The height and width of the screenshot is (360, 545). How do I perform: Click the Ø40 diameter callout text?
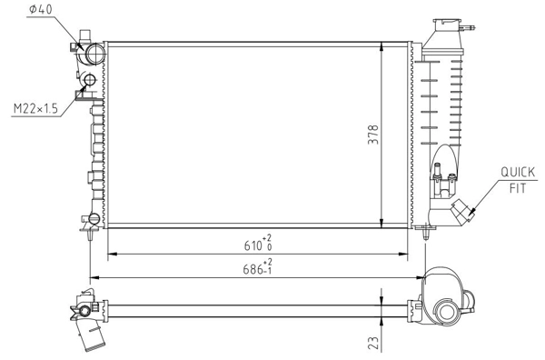41,9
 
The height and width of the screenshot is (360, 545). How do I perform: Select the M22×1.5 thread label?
35,109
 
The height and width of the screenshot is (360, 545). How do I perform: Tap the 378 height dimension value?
373,135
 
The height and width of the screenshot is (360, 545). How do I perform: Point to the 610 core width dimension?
253,245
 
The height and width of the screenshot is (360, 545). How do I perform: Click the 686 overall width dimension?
253,269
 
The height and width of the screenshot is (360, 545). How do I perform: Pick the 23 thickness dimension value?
373,343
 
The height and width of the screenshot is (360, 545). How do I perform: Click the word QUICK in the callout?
518,172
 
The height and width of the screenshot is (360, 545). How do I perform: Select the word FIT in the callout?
518,188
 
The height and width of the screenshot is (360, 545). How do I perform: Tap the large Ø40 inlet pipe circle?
94,54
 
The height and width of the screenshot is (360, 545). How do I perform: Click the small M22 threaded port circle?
90,80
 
